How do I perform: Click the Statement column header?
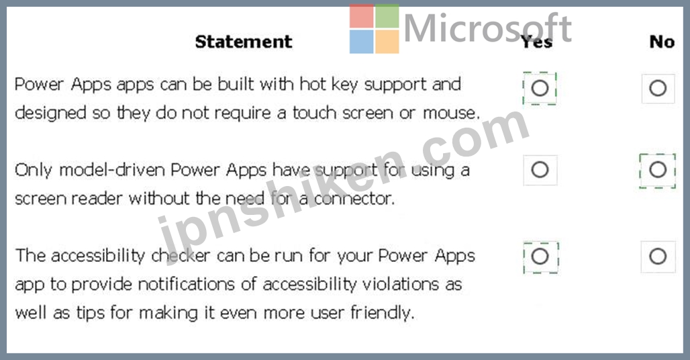tap(244, 42)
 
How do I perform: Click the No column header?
tap(662, 42)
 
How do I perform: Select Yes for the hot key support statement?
tap(540, 88)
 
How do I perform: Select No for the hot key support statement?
tap(658, 88)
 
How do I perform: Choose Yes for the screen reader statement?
tap(540, 170)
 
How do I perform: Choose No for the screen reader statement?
tap(658, 170)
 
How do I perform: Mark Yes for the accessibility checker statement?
tap(540, 257)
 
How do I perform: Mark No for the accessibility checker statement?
tap(658, 257)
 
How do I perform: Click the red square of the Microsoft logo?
tap(361, 16)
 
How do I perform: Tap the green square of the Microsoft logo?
tap(387, 16)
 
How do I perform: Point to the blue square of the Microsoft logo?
tap(361, 42)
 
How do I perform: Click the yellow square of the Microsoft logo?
tap(387, 42)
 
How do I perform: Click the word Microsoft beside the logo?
tap(487, 28)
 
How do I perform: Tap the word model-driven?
tap(112, 170)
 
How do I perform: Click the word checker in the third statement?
tap(181, 256)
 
